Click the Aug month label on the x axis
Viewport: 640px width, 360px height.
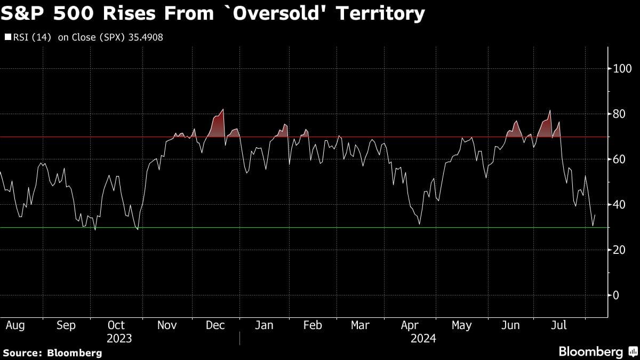(15, 325)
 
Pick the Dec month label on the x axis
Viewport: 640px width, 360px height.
(215, 325)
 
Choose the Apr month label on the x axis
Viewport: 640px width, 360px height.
(409, 325)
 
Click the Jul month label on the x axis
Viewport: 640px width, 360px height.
(558, 325)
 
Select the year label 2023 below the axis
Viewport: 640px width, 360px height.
(119, 339)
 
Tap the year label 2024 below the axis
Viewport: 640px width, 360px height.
(423, 339)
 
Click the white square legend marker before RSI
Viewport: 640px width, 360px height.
(7, 37)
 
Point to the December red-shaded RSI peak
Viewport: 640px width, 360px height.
(222, 110)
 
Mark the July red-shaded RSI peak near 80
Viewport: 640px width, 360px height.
(549, 111)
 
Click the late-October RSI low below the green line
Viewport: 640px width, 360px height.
(138, 229)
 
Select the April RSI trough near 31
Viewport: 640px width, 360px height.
(419, 224)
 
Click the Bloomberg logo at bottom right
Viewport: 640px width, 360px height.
(598, 351)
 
